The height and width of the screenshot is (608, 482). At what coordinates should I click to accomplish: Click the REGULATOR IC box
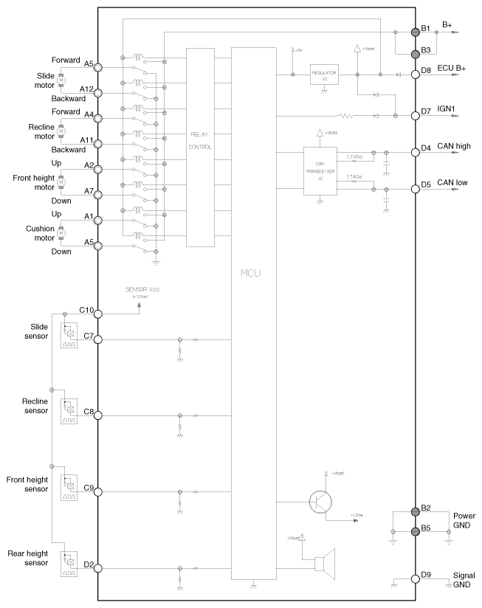coord(323,75)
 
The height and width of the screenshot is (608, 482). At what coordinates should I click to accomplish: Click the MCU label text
coord(252,273)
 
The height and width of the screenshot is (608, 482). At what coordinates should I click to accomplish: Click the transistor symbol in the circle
coord(320,501)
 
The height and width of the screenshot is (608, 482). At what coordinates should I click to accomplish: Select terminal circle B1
coord(415,32)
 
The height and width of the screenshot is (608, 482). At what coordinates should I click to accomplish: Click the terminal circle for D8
coord(415,73)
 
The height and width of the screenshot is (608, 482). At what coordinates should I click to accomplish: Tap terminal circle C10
coord(98,313)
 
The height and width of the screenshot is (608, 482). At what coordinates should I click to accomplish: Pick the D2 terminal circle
coord(98,567)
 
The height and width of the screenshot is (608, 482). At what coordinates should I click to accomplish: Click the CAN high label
coord(453,146)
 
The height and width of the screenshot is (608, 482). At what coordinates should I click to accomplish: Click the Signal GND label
coord(464,580)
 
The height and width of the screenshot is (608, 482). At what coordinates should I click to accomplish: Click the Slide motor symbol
coord(61,79)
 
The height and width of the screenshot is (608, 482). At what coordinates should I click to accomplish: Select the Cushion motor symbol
coord(61,233)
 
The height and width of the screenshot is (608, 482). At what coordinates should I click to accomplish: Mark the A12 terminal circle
coord(98,92)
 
